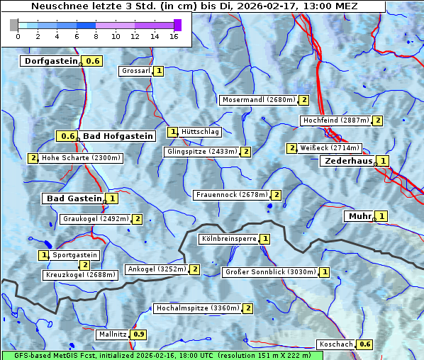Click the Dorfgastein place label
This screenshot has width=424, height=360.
pos(50,61)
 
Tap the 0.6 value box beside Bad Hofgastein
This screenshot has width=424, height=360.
pos(68,136)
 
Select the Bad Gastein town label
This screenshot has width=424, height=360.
pos(74,198)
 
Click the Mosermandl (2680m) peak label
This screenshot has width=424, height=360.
pos(258,100)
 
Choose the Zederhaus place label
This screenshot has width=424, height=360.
pos(347,161)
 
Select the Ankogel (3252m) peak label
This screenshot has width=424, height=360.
pos(156,269)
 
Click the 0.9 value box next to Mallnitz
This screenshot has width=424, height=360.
pos(139,334)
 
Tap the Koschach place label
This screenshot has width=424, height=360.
pos(336,344)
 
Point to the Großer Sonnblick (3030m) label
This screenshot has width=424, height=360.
pos(270,271)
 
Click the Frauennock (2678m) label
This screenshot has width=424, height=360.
pos(232,194)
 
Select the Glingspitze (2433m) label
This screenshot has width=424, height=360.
pos(202,151)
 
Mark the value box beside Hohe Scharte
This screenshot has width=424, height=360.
pos(33,158)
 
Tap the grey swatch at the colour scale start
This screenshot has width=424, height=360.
pos(14,25)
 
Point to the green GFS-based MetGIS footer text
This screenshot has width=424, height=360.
pos(156,355)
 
